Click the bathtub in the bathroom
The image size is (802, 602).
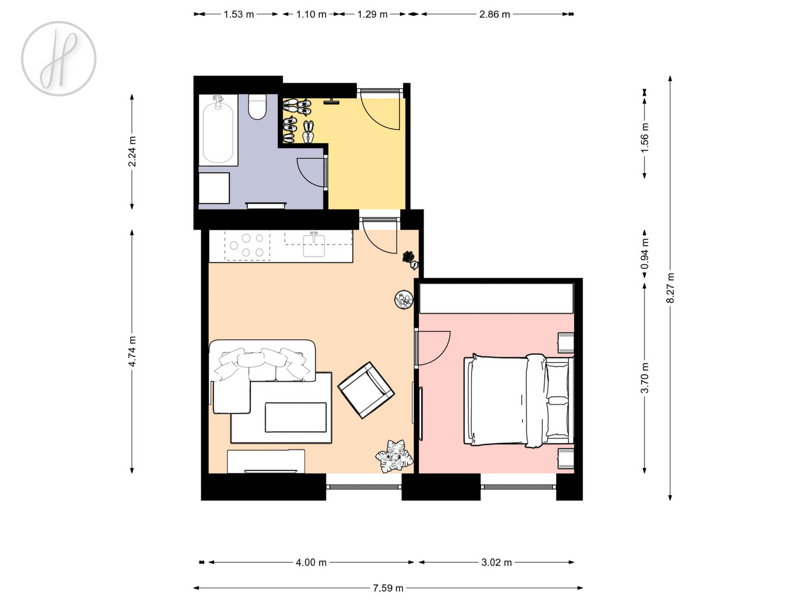coord(218,130)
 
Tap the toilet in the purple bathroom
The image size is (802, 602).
coord(257,106)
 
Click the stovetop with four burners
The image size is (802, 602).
coord(247,245)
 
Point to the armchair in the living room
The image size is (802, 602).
coord(366,390)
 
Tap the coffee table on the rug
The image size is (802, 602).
coord(296,417)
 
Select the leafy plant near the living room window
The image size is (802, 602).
coord(395,456)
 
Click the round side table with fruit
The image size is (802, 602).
coord(404,300)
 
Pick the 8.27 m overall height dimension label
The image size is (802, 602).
coord(670,288)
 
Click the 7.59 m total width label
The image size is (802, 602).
coord(388,588)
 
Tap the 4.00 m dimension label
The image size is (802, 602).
coord(311,562)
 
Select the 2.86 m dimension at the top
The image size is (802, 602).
coord(494,14)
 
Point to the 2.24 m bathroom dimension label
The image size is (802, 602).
coord(132,151)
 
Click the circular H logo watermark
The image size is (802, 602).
coord(59,59)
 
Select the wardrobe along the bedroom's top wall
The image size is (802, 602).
coord(496,298)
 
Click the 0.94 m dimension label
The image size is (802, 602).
coord(644,254)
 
